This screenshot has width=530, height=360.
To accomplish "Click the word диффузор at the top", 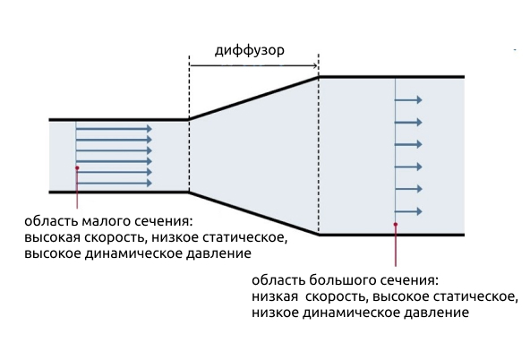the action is pos(250,51).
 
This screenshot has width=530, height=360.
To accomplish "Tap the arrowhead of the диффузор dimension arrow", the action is pos(315,65).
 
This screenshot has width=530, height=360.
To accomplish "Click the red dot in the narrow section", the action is pos(77,167).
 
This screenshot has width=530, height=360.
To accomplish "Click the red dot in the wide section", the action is pos(396,224).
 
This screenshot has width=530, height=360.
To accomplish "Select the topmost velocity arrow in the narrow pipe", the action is pos(114,128).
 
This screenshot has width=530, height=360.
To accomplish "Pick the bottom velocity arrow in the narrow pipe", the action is pos(114,184).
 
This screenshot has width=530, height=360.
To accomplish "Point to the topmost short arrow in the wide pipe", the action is pos(408,99).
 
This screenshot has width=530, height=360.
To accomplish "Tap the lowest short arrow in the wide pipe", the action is pos(408,211).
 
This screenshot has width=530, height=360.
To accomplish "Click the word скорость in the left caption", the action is pos(115,238).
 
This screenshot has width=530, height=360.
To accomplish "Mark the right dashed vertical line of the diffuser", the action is pos(319,143).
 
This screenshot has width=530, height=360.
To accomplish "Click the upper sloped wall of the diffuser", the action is pos(253,99).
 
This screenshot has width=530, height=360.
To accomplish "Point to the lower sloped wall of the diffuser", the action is pos(253,213).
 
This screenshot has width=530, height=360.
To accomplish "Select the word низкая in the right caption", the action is pos(275,296).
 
